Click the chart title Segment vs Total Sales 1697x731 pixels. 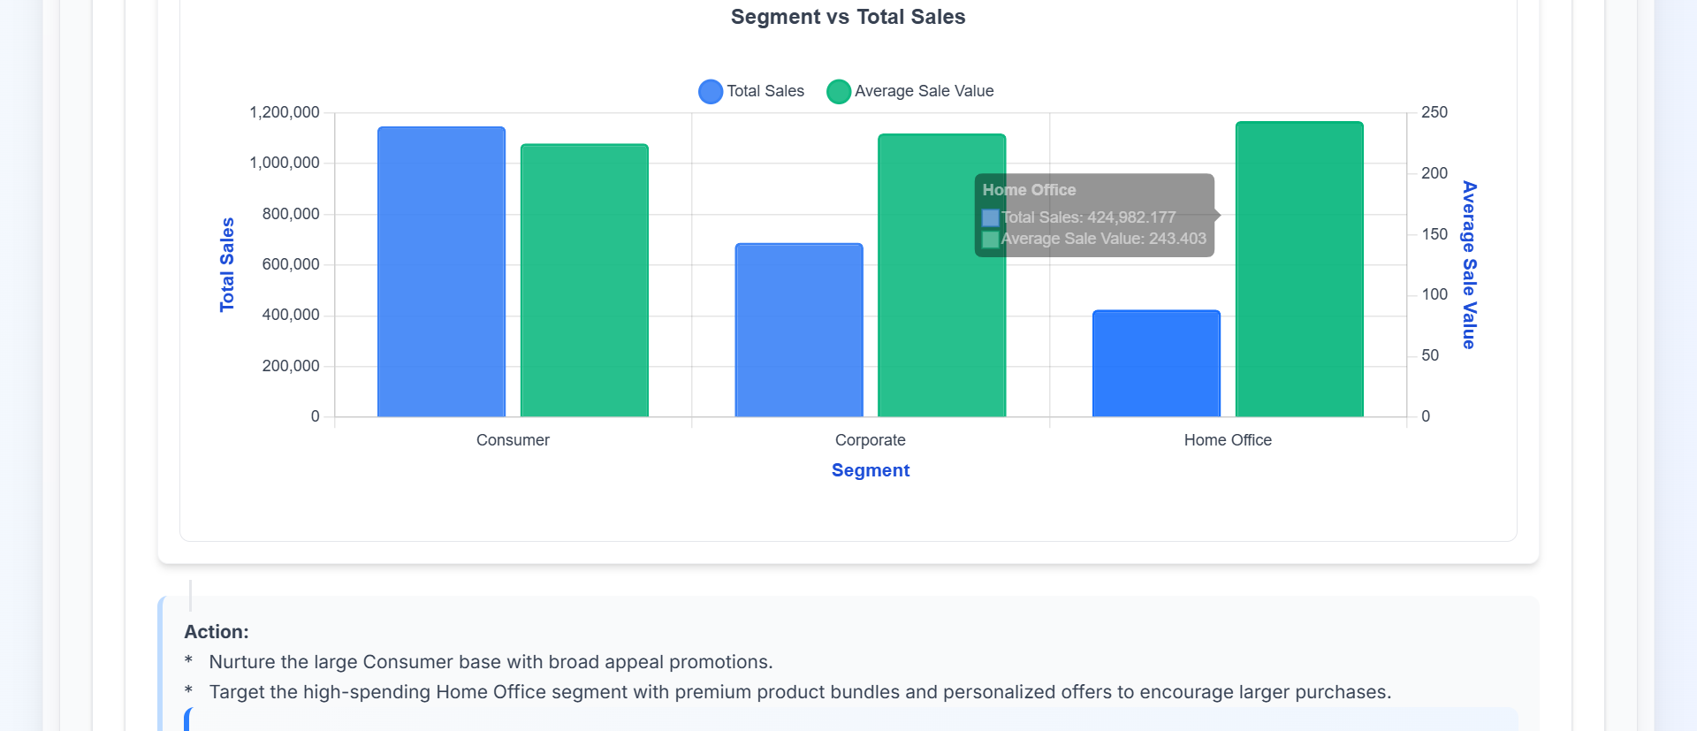pos(848,17)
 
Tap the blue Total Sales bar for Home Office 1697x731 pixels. pos(1156,363)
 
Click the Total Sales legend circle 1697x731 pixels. pos(711,91)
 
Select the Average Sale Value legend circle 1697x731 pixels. pos(839,91)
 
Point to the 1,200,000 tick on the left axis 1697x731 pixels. pos(285,112)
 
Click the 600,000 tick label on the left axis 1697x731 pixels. pos(291,264)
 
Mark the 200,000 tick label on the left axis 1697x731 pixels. pos(291,366)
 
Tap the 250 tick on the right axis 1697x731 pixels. pos(1434,112)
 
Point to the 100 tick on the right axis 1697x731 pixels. pos(1434,294)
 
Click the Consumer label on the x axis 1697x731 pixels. pos(513,440)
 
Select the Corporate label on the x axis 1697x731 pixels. pos(870,440)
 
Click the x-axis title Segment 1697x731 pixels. pos(870,470)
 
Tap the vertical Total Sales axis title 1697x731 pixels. pos(227,264)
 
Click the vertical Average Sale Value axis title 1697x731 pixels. pos(1469,264)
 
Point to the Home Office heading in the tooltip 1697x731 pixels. pos(1029,190)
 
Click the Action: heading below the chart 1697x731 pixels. pos(216,632)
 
